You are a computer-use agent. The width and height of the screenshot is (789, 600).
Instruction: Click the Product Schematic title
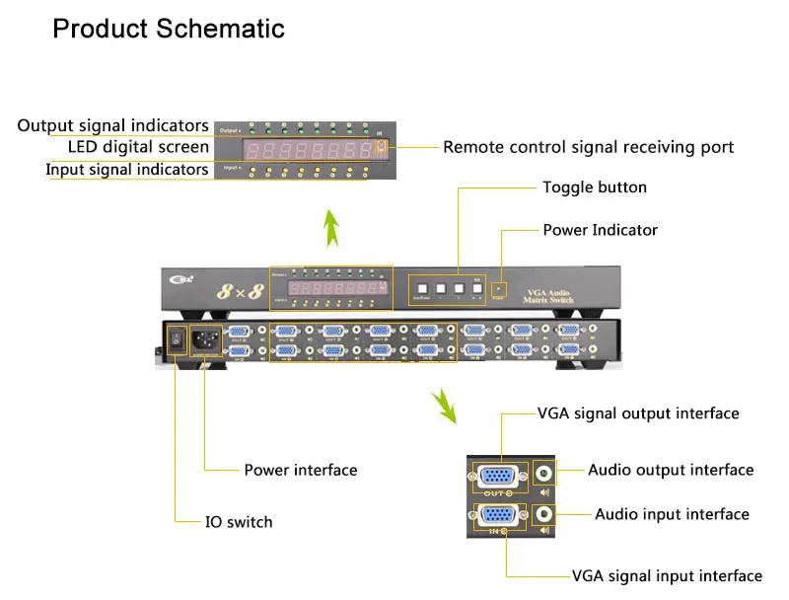[169, 28]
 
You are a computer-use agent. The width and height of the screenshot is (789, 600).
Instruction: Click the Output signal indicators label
[113, 125]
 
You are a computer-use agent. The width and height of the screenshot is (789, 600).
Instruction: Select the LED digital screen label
[138, 147]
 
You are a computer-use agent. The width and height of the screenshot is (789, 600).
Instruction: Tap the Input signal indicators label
[127, 170]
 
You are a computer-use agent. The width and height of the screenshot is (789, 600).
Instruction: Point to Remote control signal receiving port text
[588, 147]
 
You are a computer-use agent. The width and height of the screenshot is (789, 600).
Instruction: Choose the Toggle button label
[595, 187]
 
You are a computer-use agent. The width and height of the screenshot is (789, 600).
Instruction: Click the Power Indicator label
[600, 230]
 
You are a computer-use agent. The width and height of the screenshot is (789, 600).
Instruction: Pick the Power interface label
[301, 470]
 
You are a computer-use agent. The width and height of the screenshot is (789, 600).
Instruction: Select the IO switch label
[239, 521]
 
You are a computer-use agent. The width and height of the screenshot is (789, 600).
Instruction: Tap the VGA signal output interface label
[638, 413]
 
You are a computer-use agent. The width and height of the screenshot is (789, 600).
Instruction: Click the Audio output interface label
[671, 470]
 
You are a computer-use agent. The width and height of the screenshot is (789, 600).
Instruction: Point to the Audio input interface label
[672, 514]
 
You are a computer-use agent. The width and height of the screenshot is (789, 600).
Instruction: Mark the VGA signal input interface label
[667, 575]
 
